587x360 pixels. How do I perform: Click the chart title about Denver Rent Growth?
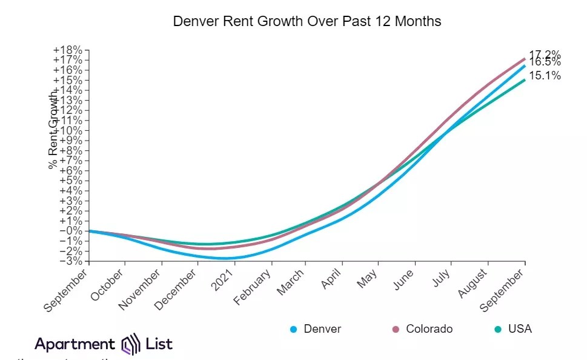(307, 21)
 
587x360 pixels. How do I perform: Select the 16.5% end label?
(545, 62)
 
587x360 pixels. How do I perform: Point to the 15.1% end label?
(545, 76)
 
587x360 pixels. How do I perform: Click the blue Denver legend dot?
(293, 329)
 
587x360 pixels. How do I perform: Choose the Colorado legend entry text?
(429, 329)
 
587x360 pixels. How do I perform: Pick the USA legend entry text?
(520, 329)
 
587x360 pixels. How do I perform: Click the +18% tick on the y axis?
(68, 50)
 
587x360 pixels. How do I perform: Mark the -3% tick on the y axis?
(71, 261)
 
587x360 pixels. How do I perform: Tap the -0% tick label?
(71, 231)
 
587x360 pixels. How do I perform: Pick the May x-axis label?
(370, 281)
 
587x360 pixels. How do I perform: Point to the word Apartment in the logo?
(75, 344)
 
